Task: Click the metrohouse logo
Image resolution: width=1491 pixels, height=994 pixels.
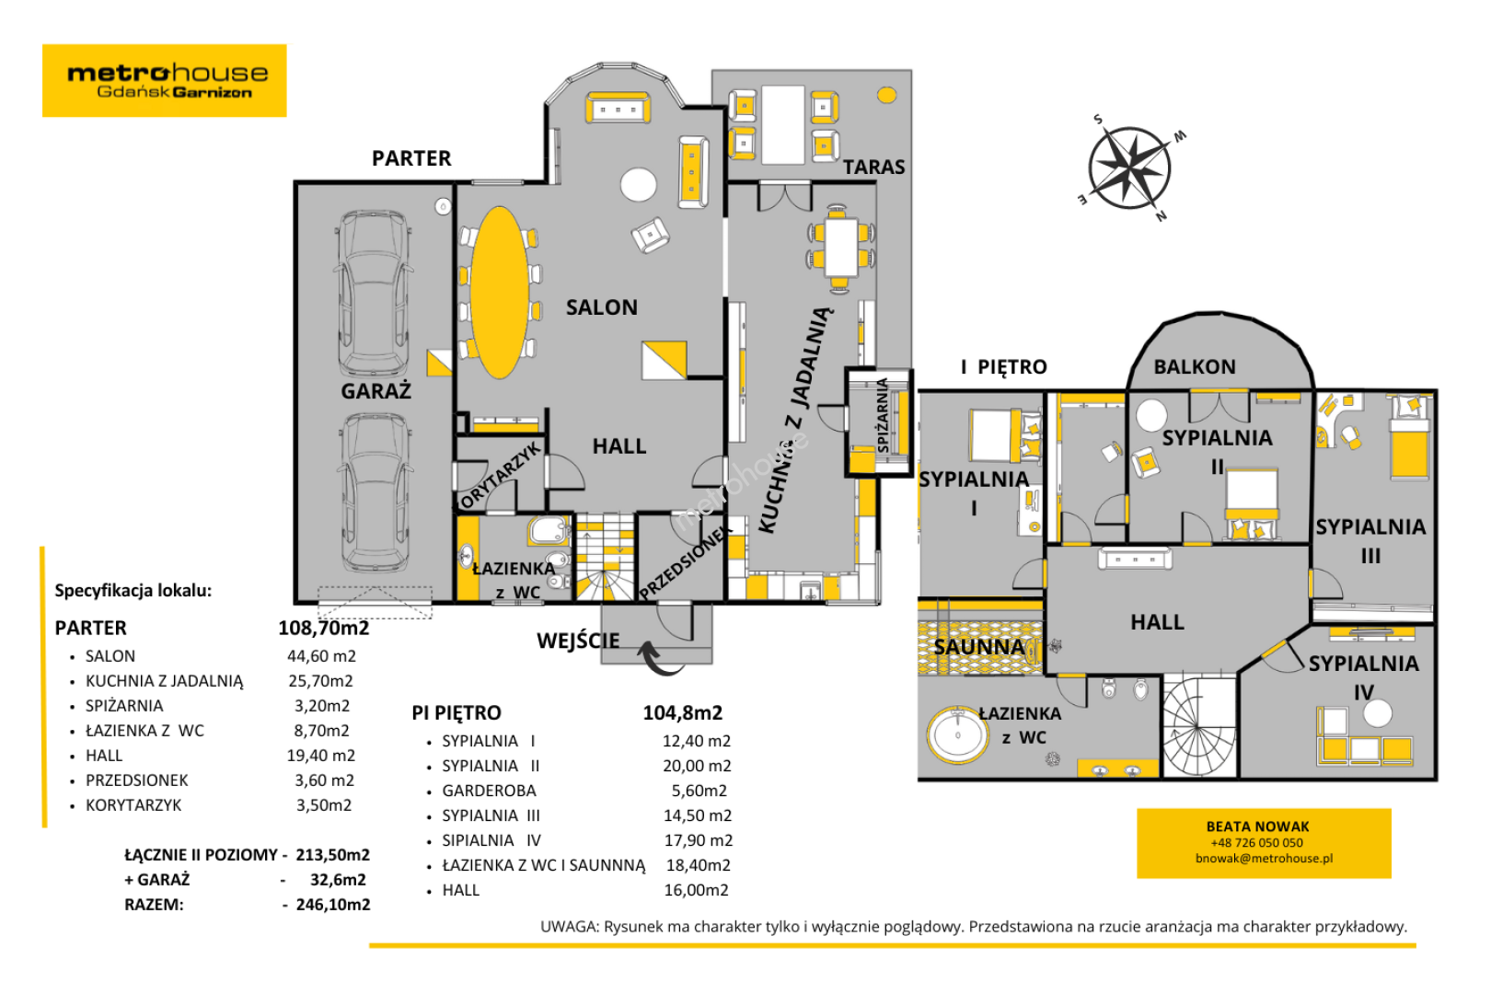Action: [165, 81]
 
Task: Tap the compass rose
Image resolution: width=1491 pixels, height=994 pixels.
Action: [1130, 168]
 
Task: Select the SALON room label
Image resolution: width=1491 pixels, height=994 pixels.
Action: [602, 307]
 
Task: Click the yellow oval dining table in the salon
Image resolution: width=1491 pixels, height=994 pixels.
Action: [499, 293]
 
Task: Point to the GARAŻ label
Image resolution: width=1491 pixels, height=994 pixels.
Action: [376, 391]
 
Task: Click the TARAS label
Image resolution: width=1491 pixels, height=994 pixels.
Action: [874, 168]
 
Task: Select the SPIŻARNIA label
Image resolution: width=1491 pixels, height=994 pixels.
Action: [883, 415]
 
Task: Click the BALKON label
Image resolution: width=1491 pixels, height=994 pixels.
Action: [1195, 367]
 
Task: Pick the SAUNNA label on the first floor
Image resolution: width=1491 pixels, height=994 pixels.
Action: [979, 647]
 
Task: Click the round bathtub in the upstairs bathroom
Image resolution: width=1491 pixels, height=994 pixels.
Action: [958, 735]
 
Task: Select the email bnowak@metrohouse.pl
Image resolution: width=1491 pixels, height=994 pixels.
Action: [1264, 858]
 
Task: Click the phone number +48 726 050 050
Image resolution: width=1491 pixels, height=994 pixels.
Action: [1257, 843]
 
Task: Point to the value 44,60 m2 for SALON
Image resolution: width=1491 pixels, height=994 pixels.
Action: [321, 656]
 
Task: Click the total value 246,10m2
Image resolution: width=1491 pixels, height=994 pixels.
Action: [333, 905]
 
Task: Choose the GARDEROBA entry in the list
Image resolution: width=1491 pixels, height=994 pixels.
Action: [490, 791]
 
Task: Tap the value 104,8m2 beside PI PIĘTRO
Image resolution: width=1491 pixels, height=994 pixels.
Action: [683, 713]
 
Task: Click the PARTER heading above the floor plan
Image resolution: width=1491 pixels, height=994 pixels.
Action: [411, 158]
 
